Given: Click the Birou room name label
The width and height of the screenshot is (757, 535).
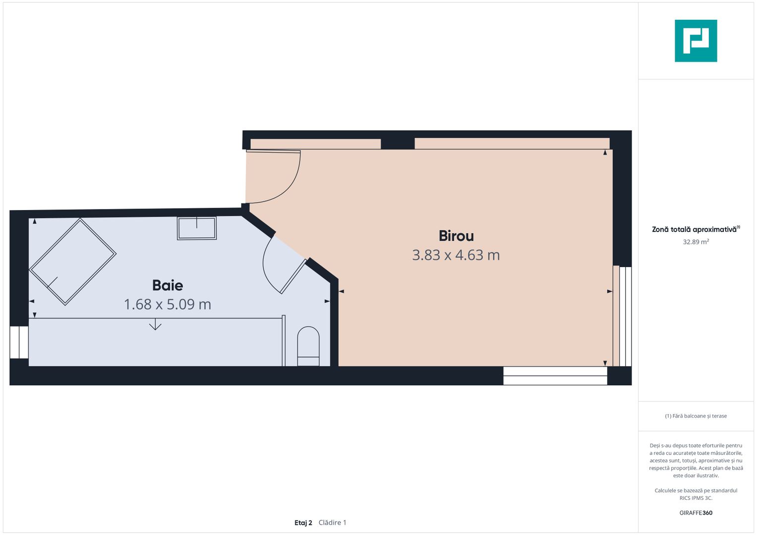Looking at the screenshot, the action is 456,236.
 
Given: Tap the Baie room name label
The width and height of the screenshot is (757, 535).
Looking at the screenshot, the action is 168,285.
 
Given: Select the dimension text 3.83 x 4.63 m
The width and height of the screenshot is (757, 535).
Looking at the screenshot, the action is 456,255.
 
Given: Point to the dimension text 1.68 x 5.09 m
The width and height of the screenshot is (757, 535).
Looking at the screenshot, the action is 168,304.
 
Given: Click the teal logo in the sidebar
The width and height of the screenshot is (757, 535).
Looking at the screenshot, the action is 696,41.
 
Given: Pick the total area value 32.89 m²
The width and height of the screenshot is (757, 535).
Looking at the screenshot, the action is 696,242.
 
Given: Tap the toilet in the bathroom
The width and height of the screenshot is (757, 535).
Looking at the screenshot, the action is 308,346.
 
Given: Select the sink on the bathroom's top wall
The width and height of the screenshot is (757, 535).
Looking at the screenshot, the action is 197,228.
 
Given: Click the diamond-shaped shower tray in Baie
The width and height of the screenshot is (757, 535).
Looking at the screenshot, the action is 73,262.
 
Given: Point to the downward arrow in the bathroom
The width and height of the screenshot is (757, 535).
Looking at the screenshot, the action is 155,324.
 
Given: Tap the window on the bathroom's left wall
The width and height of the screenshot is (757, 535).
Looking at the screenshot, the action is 19,342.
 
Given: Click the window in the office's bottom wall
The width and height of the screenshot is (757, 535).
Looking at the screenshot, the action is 555,375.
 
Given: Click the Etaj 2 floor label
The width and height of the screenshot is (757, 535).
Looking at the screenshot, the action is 303,523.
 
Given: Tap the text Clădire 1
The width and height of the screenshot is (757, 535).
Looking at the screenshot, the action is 333,523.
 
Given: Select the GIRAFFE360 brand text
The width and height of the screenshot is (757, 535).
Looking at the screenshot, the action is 696,513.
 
